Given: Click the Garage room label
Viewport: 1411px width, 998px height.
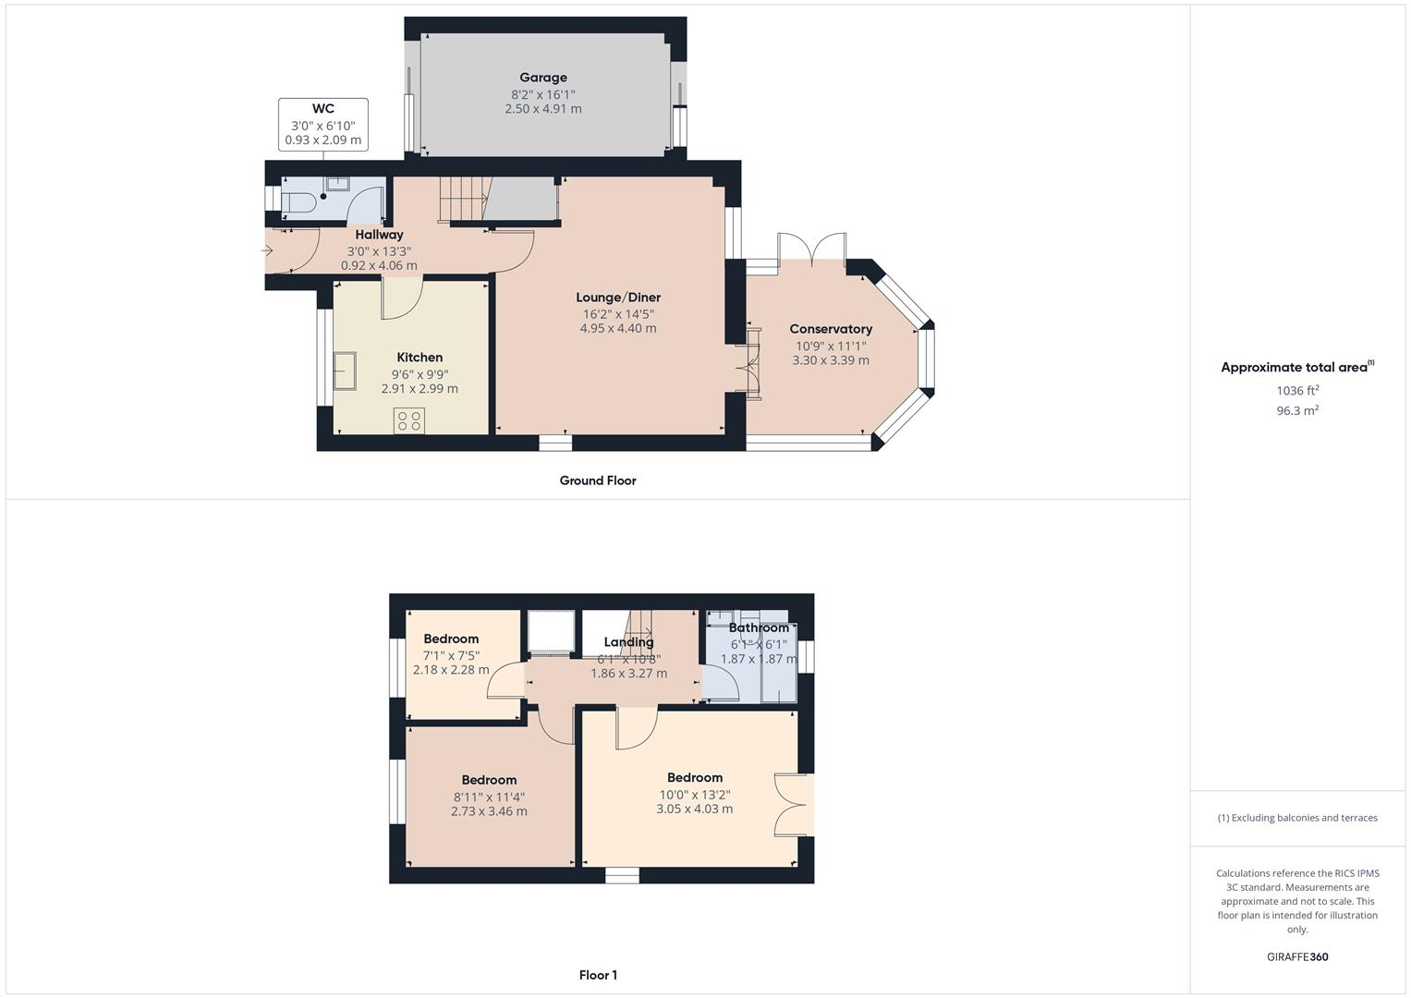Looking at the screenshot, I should click(542, 78).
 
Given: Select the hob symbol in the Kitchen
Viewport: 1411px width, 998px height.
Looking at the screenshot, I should click(408, 421).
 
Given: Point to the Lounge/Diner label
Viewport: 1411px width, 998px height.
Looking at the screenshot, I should click(618, 298).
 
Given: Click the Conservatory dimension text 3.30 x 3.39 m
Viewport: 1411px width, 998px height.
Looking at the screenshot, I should click(830, 360).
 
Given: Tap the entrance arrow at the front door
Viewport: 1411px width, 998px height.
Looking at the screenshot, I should click(269, 250).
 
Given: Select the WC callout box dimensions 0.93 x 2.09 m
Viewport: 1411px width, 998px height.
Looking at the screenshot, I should click(322, 140).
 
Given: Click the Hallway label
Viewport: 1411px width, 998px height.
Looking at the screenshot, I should click(379, 235).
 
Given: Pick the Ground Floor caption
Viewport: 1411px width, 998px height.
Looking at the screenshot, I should click(598, 481).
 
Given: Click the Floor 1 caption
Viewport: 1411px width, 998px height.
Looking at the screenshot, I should click(598, 975).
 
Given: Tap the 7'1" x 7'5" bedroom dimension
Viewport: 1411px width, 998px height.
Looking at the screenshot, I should click(451, 655).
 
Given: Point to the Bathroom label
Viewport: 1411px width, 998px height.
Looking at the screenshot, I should click(759, 628).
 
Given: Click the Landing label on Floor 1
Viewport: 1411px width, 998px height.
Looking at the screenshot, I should click(628, 642).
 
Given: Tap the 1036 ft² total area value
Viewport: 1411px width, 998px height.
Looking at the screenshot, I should click(1297, 391).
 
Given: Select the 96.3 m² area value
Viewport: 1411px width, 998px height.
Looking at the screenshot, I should click(1297, 411).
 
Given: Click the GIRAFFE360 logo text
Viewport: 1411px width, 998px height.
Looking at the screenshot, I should click(1297, 957).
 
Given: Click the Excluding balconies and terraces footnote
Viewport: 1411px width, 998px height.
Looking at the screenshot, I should click(1297, 818).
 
